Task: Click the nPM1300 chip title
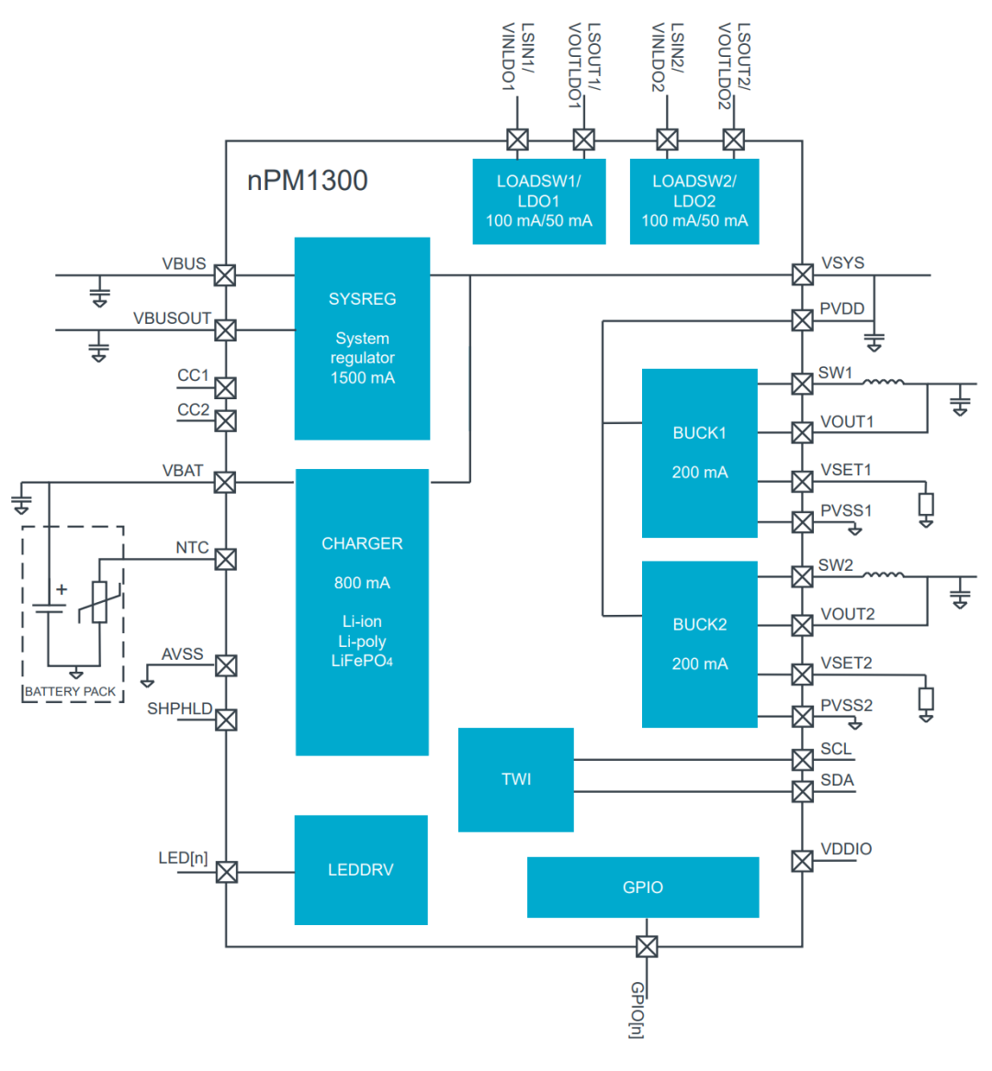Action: (307, 180)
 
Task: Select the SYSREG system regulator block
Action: (362, 339)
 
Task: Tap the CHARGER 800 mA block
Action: (362, 612)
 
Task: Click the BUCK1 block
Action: (699, 452)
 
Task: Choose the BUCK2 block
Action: (699, 644)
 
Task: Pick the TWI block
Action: (515, 779)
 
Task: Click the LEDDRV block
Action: (360, 869)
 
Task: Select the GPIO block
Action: (642, 887)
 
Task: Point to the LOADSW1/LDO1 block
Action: (538, 201)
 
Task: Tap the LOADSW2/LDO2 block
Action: (693, 201)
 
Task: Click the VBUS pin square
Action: (225, 275)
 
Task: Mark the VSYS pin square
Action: (802, 274)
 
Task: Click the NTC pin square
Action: (226, 559)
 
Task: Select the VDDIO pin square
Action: (802, 861)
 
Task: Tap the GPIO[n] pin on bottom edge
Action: (647, 946)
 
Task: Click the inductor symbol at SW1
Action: (883, 382)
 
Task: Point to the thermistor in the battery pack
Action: (99, 602)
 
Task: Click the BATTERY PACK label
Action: (71, 691)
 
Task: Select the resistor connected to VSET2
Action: (926, 699)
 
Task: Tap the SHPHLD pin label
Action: (180, 709)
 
